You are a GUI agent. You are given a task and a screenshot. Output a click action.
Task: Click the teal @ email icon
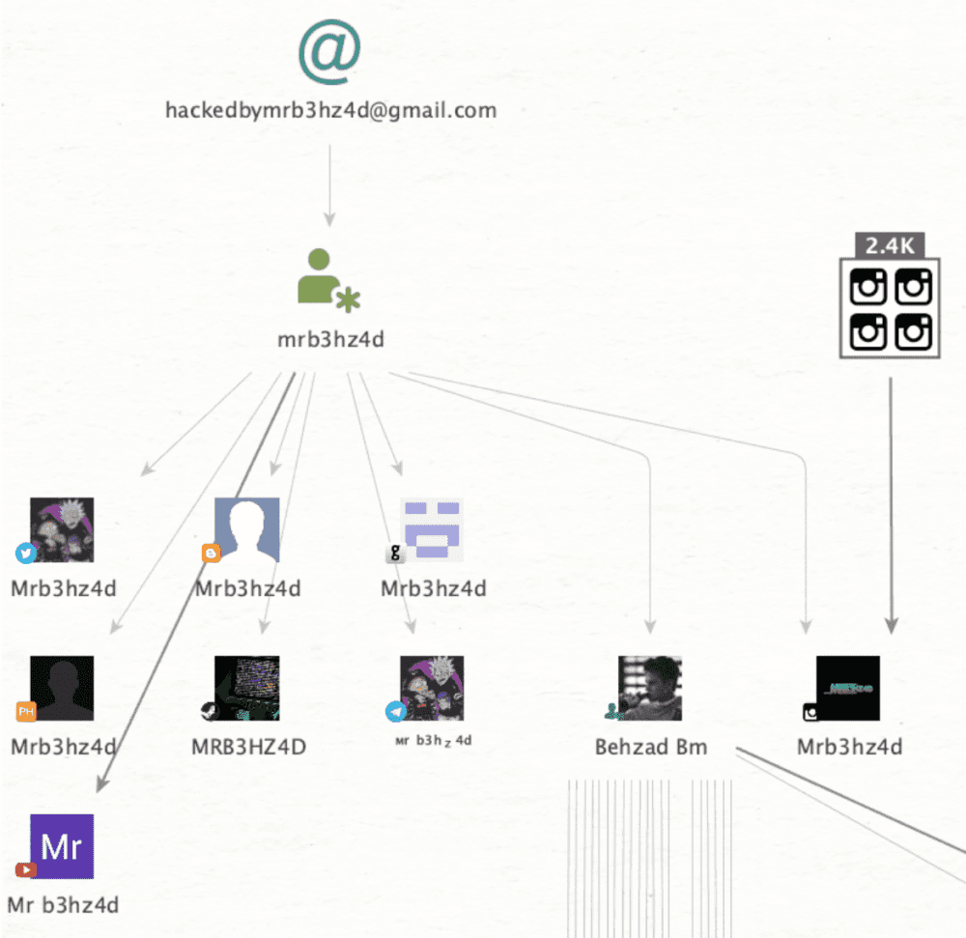coord(329,52)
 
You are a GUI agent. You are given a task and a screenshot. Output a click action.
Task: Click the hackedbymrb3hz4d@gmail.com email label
coord(330,110)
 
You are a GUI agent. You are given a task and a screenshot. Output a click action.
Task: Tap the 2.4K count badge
coord(889,245)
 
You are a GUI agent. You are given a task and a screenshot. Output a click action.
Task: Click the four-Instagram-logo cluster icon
coord(890,310)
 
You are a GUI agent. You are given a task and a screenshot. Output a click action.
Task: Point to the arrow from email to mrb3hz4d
coord(329,184)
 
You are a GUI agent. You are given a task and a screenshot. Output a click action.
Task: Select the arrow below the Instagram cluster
coord(891,502)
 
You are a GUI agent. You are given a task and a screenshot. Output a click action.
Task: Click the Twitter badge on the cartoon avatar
coord(25,553)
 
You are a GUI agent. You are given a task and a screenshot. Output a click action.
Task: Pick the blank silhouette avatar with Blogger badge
coord(246,529)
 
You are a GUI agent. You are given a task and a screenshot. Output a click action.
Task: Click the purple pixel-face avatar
coord(432,529)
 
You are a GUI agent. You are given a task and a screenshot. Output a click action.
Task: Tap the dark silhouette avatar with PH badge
coord(62,688)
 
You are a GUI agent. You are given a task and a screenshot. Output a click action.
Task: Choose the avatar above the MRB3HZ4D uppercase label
coord(246,688)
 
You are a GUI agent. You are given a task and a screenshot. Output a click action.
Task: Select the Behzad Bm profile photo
coord(650,688)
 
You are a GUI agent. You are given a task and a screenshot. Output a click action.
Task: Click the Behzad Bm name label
coord(651,747)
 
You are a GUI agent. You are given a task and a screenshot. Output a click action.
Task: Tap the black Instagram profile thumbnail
coord(847,688)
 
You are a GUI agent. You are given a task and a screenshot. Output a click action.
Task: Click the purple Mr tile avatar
coord(62,846)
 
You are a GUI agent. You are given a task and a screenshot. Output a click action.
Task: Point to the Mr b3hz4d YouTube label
coord(64,905)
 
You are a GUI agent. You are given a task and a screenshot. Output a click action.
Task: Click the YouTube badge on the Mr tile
coord(25,869)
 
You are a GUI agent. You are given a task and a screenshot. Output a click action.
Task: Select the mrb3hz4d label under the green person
coord(330,339)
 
